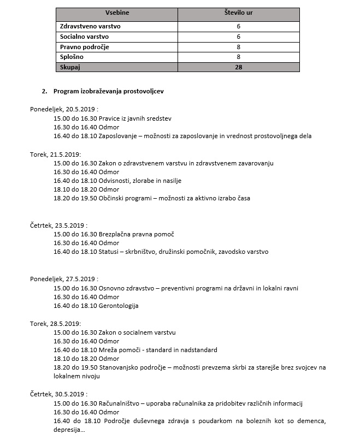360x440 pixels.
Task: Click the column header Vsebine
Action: [x=117, y=12]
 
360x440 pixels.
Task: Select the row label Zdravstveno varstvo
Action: [x=90, y=26]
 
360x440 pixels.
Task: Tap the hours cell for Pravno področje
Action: [x=239, y=47]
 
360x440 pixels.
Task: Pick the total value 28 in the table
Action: [x=239, y=67]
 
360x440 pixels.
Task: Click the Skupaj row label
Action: [x=70, y=67]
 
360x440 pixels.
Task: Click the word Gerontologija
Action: [x=119, y=306]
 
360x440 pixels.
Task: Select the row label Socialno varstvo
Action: [x=84, y=37]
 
